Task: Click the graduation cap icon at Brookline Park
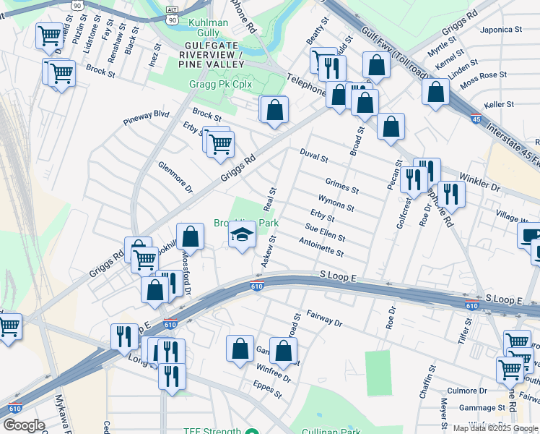tap(243, 235)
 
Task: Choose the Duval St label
tap(314, 155)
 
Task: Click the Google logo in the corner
tap(24, 425)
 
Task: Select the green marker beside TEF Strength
tap(251, 432)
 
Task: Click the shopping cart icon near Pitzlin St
tap(50, 34)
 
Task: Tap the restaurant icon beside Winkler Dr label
tap(451, 193)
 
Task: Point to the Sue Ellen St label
tap(325, 233)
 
